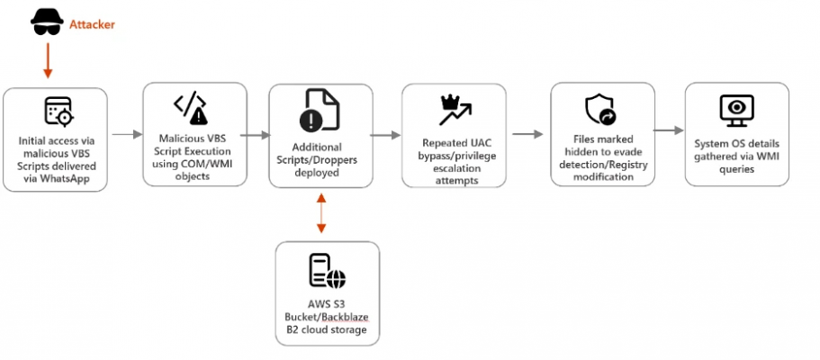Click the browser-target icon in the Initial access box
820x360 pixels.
tap(57, 111)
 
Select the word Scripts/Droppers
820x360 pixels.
tap(321, 158)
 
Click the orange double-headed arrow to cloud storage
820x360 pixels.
tap(321, 214)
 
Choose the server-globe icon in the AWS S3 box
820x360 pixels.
tap(327, 270)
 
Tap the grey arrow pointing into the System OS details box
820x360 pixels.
tap(667, 130)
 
